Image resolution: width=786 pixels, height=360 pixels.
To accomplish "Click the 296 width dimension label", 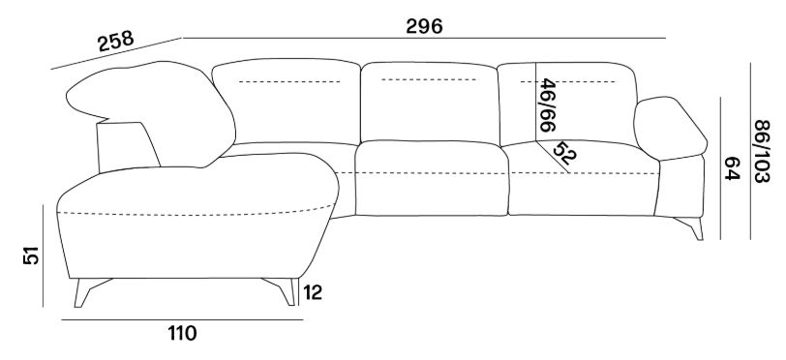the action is click(x=424, y=26).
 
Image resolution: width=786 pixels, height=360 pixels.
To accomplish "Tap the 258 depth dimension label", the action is click(x=116, y=41).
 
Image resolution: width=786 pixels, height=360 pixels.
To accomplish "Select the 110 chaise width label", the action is click(x=182, y=333).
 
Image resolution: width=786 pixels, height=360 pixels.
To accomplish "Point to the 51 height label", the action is click(x=31, y=255).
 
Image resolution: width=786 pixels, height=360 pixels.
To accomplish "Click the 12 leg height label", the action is click(x=313, y=292).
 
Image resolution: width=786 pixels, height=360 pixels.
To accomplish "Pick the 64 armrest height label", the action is click(x=733, y=168).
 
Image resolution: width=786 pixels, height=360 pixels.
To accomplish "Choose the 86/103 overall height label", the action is click(x=762, y=151).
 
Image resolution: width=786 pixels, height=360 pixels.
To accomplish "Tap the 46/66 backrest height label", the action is click(x=548, y=105).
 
